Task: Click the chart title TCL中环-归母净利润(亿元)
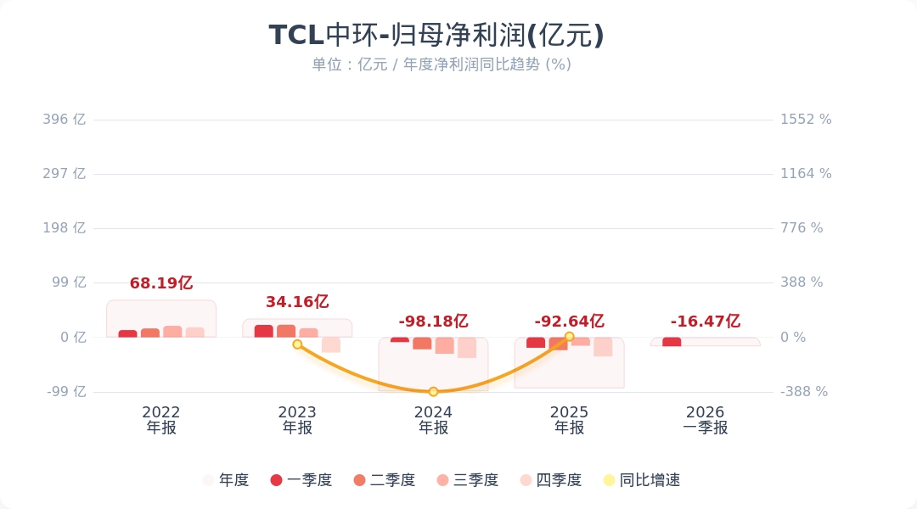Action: [x=436, y=36]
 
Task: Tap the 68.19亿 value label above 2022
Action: [x=161, y=283]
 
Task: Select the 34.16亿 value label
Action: [x=297, y=302]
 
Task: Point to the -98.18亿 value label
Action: [x=433, y=322]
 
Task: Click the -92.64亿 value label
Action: [x=569, y=322]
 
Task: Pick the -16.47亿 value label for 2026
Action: [x=705, y=322]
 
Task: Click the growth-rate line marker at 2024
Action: [x=433, y=392]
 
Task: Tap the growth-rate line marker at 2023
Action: [x=297, y=344]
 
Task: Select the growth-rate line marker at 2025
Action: [x=569, y=337]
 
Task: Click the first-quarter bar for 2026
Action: [x=672, y=342]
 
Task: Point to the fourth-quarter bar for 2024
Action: [x=467, y=347]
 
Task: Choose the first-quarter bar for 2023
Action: [x=264, y=331]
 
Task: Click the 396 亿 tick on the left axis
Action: [x=65, y=120]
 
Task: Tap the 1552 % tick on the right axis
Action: [x=806, y=120]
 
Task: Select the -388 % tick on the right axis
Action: [x=804, y=392]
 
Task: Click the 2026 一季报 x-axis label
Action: [x=705, y=420]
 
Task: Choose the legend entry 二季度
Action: [x=384, y=480]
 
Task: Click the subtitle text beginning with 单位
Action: [x=441, y=64]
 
